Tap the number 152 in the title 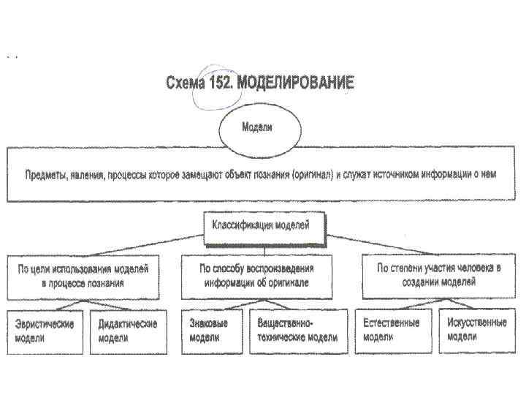pyautogui.click(x=221, y=83)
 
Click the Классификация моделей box pyautogui.click(x=261, y=226)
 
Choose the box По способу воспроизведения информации pyautogui.click(x=257, y=275)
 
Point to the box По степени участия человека pyautogui.click(x=438, y=275)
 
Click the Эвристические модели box pyautogui.click(x=45, y=330)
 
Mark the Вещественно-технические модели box pyautogui.click(x=294, y=330)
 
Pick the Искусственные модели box pyautogui.click(x=477, y=330)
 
